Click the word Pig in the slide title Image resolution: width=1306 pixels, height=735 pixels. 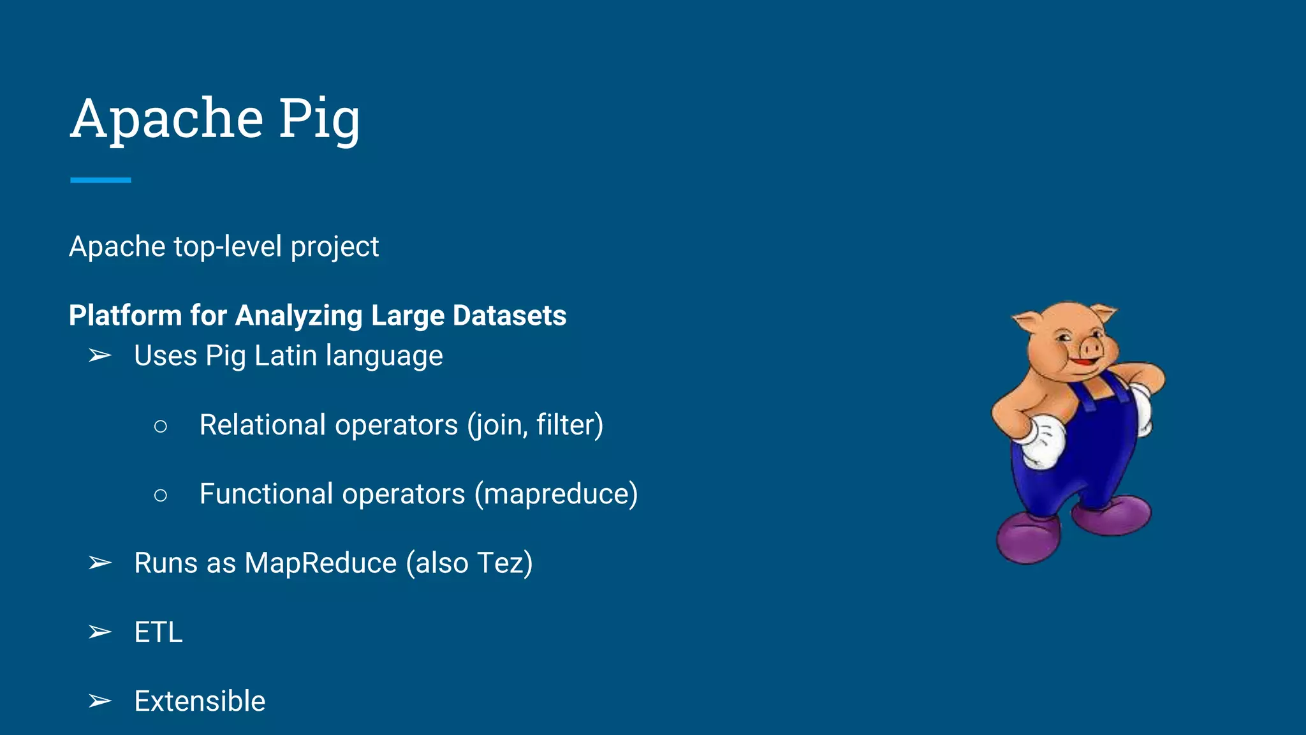(x=319, y=119)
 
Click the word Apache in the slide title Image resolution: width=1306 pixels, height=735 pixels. (x=167, y=119)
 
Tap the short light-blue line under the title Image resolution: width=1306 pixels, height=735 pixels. (x=101, y=181)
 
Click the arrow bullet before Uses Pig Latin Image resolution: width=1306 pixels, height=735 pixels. (x=100, y=355)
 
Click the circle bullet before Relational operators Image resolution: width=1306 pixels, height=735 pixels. (x=161, y=426)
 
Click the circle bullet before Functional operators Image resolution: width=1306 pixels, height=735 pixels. (x=161, y=494)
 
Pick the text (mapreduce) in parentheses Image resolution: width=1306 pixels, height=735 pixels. (x=555, y=494)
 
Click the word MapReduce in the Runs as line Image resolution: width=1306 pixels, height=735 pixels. (x=320, y=563)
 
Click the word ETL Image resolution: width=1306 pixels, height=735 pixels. (x=158, y=632)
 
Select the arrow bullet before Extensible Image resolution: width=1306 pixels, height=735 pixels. (x=100, y=701)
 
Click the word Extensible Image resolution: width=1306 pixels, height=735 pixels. (x=200, y=701)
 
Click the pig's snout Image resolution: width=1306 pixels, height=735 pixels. (x=1092, y=348)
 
